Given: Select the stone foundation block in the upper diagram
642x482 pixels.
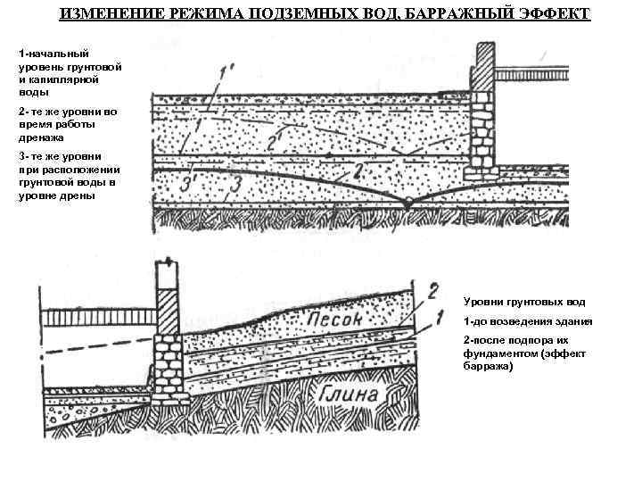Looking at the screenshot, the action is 481,129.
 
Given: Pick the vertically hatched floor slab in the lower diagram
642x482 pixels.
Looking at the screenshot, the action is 94,319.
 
